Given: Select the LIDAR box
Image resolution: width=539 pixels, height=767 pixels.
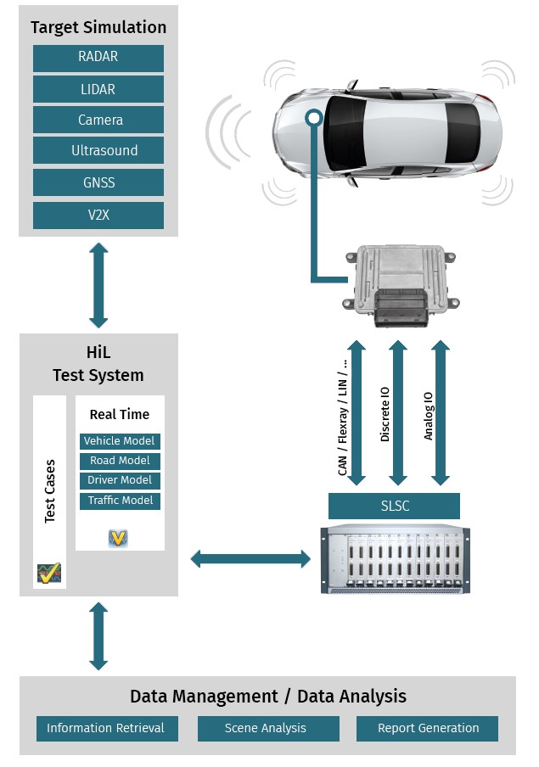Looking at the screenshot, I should coord(98,89).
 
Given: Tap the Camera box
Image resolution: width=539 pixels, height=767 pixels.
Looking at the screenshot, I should coord(98,120).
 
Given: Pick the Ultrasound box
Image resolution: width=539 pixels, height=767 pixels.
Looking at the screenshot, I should coord(98,151).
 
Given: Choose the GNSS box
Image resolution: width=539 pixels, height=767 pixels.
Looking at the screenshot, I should coord(98,182).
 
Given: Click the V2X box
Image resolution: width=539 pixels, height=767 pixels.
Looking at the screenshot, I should coord(98,215).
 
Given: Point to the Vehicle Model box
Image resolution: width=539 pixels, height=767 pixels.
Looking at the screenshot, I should coord(120,441).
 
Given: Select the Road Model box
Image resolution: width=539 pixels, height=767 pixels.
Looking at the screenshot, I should coord(120,461).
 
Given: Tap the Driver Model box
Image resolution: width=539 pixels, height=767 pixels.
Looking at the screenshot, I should coord(120,480).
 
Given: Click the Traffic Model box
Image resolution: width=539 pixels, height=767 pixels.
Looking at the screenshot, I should coord(120,501).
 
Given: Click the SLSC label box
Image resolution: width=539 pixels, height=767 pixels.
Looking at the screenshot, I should coord(394,507).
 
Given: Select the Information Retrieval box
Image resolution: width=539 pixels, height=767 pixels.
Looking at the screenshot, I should coord(107,728).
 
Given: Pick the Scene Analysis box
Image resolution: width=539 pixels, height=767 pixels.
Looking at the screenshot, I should coord(268,728).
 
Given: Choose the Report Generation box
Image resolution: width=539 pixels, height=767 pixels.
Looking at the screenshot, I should coord(427,728).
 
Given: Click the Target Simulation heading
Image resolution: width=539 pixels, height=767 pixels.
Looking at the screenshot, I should coord(98,27).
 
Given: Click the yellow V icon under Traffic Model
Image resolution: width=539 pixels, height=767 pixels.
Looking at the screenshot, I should coord(118,538).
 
